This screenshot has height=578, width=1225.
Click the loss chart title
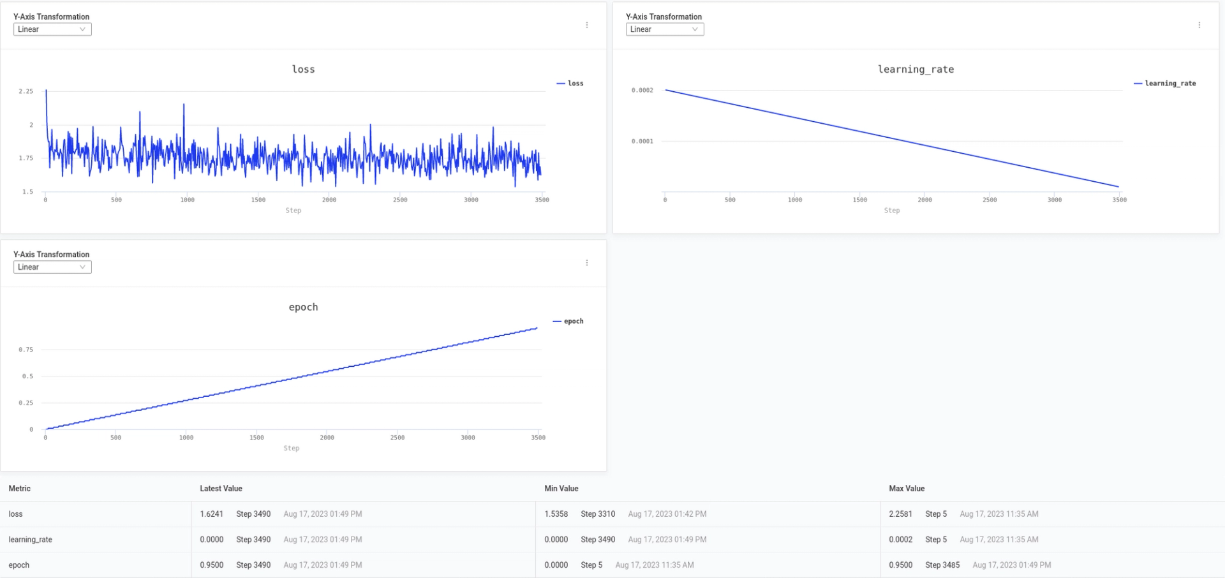[303, 70]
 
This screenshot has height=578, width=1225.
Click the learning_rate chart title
[916, 70]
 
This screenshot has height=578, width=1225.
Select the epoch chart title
[303, 308]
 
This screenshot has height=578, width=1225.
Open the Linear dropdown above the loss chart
[52, 29]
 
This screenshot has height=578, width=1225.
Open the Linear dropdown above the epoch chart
[52, 267]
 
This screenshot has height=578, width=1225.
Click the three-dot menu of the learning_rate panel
[1199, 25]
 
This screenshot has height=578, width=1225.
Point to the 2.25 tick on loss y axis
[26, 92]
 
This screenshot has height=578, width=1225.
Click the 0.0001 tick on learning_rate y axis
[642, 142]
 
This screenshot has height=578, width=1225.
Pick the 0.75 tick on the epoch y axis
[26, 350]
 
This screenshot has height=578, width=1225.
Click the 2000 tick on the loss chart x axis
[329, 200]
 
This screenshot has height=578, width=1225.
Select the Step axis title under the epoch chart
[292, 448]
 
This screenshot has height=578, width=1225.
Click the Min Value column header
[561, 489]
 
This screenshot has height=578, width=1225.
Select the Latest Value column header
[221, 489]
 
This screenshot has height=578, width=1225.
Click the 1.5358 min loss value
[556, 514]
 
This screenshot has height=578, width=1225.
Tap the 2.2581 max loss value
[900, 514]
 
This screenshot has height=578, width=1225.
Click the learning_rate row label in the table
[31, 540]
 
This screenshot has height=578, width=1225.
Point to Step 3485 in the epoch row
[942, 565]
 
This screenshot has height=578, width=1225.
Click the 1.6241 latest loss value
[211, 514]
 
